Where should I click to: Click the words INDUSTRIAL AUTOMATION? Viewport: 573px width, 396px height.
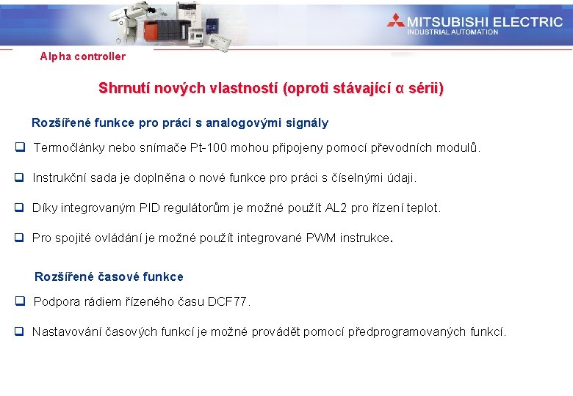[x=453, y=32]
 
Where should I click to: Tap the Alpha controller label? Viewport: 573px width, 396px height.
[x=83, y=56]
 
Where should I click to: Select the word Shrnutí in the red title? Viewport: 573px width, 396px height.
[x=123, y=89]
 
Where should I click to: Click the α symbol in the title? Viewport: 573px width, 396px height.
[x=400, y=89]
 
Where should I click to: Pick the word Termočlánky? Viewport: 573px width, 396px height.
[x=69, y=148]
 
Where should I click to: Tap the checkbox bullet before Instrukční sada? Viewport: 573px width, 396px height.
[x=20, y=177]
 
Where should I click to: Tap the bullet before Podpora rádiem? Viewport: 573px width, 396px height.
[x=20, y=301]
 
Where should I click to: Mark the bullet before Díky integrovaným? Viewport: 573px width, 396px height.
[x=20, y=208]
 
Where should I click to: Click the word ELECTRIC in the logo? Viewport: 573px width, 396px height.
[x=527, y=22]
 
